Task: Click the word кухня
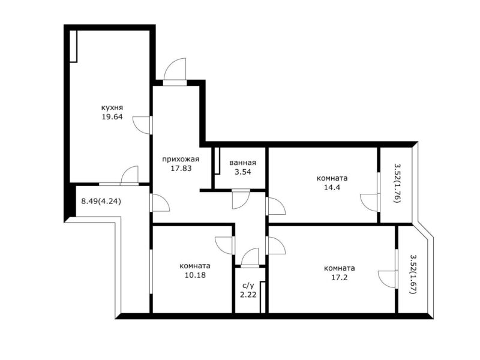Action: tap(112, 108)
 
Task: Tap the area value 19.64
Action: tap(112, 116)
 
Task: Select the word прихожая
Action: tap(181, 159)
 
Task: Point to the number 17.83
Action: tap(181, 168)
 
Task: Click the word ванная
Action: tap(242, 163)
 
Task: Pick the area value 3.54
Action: tap(243, 172)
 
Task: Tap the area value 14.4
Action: tap(332, 187)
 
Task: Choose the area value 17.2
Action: tap(340, 277)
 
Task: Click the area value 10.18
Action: tap(195, 275)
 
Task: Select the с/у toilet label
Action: tap(248, 286)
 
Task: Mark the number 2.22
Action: tap(248, 295)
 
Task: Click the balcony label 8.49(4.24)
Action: tap(101, 202)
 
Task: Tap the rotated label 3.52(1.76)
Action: tap(397, 183)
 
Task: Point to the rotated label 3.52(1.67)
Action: tap(413, 274)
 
